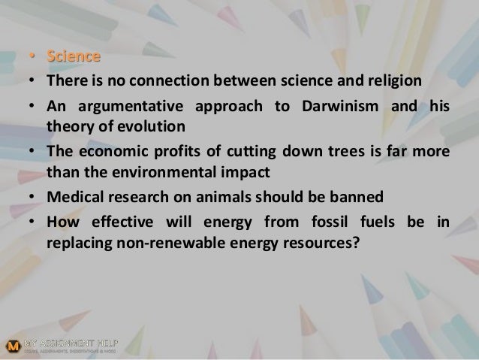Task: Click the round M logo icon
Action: coord(13,346)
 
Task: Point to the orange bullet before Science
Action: coord(32,56)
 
